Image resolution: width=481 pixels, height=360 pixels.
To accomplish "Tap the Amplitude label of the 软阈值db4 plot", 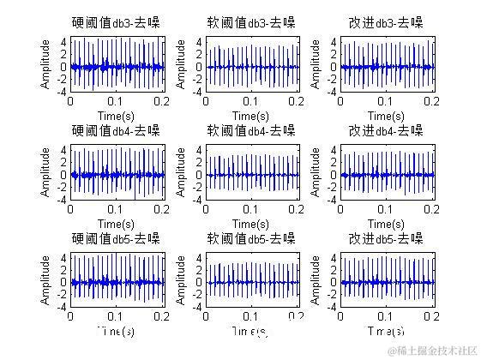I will pos(182,173).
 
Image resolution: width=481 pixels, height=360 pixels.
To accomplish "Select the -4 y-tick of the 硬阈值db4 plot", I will pos(63,200).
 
